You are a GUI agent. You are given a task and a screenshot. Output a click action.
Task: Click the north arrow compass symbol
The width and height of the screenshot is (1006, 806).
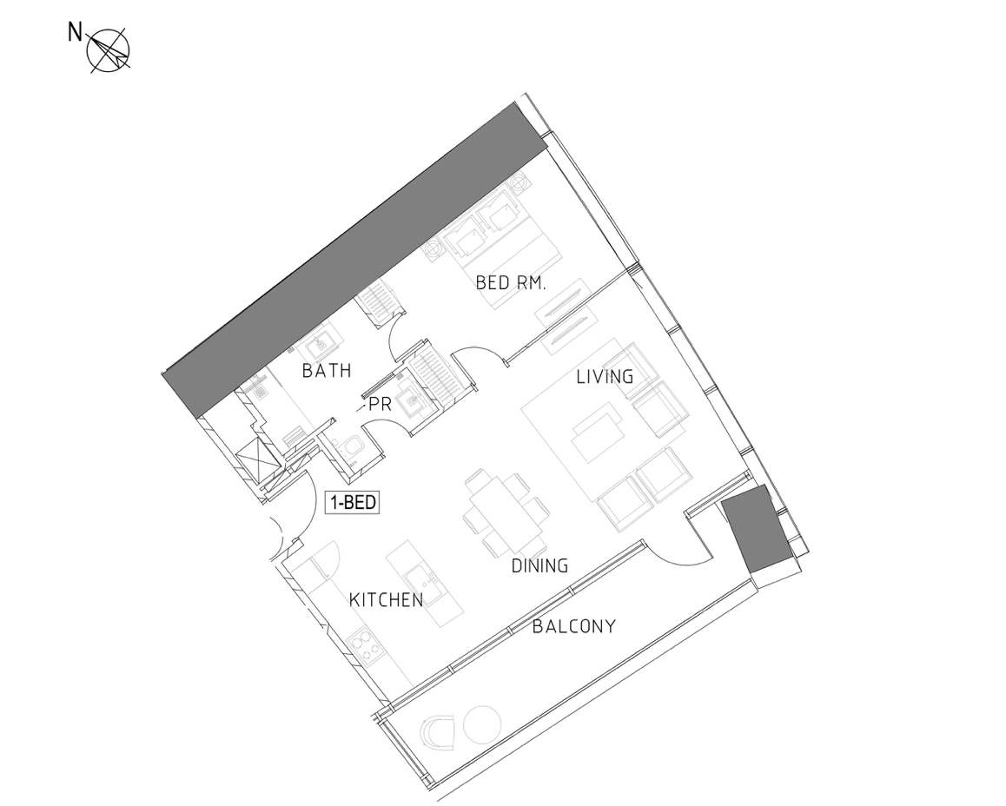[x=109, y=50]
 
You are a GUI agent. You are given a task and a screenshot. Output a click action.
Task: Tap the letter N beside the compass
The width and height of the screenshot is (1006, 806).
[x=76, y=32]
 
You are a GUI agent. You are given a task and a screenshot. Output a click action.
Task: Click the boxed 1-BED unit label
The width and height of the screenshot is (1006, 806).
[x=352, y=502]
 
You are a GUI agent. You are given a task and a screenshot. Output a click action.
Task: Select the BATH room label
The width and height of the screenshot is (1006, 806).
[x=327, y=371]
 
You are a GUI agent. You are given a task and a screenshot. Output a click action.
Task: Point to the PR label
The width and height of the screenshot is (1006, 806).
[x=380, y=406]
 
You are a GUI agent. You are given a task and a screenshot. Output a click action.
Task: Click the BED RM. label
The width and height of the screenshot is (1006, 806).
[x=511, y=283]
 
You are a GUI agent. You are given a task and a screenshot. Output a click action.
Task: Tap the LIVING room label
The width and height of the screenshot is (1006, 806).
[x=605, y=376]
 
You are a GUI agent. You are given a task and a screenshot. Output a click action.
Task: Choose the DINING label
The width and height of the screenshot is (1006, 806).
[x=539, y=565]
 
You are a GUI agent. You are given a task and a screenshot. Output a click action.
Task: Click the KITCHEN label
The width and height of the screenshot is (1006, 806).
[x=387, y=600]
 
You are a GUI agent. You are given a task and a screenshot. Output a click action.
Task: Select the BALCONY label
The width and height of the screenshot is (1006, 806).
[x=574, y=626]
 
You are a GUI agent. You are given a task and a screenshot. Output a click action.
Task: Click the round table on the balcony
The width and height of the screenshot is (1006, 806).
[x=481, y=725]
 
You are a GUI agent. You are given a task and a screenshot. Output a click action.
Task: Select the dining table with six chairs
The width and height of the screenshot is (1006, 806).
[x=505, y=512]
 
